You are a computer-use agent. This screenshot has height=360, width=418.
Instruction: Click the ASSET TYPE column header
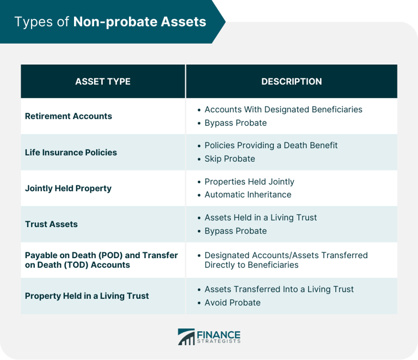coord(103,82)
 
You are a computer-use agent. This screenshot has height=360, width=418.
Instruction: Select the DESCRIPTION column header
coord(291,82)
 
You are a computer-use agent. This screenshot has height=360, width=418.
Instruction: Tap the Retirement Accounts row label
coord(69,116)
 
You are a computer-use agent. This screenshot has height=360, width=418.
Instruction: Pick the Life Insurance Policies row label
coord(71,152)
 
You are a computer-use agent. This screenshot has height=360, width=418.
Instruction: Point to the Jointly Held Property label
coord(68,188)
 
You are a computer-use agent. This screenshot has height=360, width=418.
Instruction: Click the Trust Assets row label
coord(51,224)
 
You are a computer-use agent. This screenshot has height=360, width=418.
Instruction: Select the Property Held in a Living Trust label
coord(87,296)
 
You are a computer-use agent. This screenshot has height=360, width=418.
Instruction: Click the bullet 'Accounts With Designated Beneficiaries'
coord(283,109)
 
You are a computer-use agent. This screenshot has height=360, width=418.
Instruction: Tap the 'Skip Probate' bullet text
coord(229,159)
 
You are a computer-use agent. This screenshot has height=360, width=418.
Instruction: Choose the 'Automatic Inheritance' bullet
coord(248,195)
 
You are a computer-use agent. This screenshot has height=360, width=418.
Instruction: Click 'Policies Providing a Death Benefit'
coord(271,145)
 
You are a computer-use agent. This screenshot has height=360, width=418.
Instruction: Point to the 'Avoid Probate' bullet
coord(232,303)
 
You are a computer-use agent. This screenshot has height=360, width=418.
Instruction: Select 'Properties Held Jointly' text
coord(249,182)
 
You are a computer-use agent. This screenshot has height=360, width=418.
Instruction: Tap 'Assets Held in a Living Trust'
coord(260,218)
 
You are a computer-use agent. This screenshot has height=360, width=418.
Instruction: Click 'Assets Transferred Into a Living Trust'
coord(279,289)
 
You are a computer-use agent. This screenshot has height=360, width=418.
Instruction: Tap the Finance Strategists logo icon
coord(186,337)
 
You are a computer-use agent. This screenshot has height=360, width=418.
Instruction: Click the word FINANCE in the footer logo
coord(219,334)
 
